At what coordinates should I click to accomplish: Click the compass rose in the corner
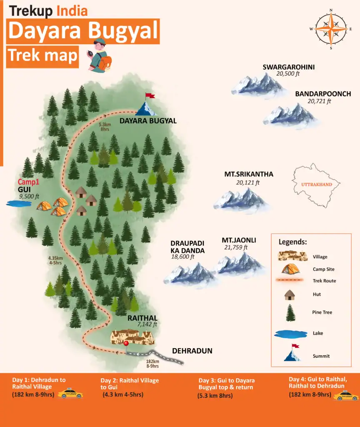click(331, 29)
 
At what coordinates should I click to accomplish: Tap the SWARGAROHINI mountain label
click(288, 67)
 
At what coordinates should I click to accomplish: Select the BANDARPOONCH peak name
click(323, 94)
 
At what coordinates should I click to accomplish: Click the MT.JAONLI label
click(239, 240)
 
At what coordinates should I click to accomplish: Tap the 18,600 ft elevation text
click(182, 257)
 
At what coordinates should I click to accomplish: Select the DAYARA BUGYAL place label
click(148, 121)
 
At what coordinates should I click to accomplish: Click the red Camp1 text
click(28, 182)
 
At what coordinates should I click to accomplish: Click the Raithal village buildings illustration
click(132, 336)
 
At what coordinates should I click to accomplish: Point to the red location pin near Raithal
click(126, 344)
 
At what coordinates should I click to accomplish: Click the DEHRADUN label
click(192, 351)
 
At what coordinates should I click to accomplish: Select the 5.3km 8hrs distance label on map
click(105, 127)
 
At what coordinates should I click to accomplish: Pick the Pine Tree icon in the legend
click(290, 313)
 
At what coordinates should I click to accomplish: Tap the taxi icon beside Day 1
click(70, 393)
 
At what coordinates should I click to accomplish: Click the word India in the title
click(72, 11)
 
